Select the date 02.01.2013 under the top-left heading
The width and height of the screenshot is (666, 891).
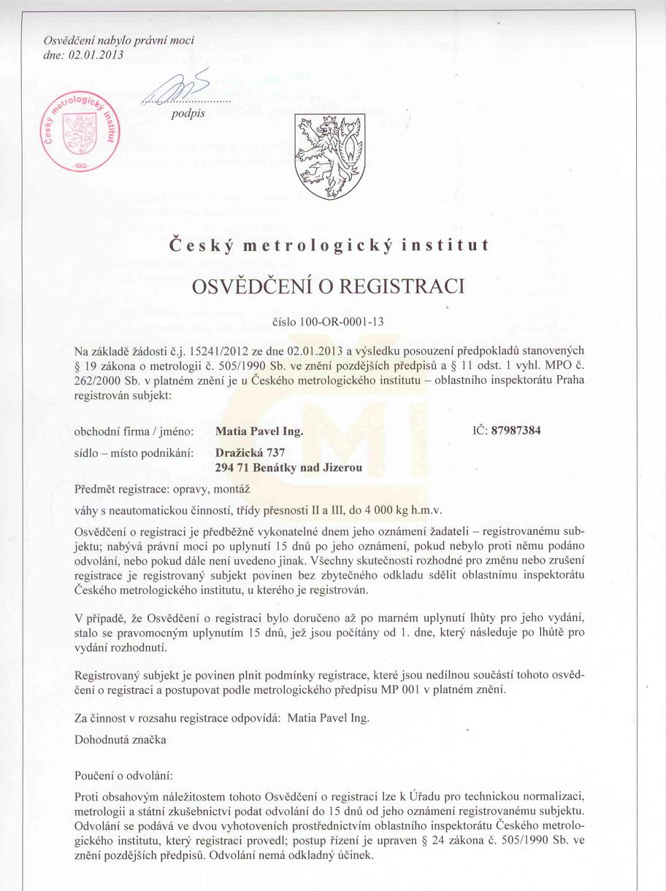[x=95, y=54]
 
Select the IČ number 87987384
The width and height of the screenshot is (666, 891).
[x=516, y=431]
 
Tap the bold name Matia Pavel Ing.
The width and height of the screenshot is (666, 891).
[x=259, y=431]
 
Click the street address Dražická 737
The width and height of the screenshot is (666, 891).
[x=250, y=453]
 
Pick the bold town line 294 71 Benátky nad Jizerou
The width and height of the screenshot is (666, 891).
[x=289, y=467]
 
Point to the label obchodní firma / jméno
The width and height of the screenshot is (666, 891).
[x=134, y=431]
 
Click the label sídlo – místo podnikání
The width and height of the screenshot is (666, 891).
[x=134, y=453]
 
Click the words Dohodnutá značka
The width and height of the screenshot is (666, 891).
[x=120, y=739]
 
